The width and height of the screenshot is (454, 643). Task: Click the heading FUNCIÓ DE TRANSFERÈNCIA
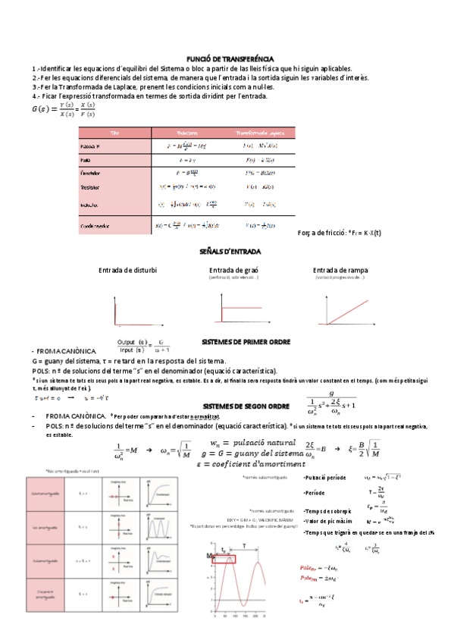click(230, 58)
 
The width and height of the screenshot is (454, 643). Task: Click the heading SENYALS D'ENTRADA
click(230, 251)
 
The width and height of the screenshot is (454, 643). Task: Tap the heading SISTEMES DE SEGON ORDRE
click(246, 406)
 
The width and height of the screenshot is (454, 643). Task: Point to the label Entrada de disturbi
click(127, 271)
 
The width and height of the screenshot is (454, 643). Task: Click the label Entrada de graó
click(233, 271)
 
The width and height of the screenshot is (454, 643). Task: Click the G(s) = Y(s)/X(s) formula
click(64, 110)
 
